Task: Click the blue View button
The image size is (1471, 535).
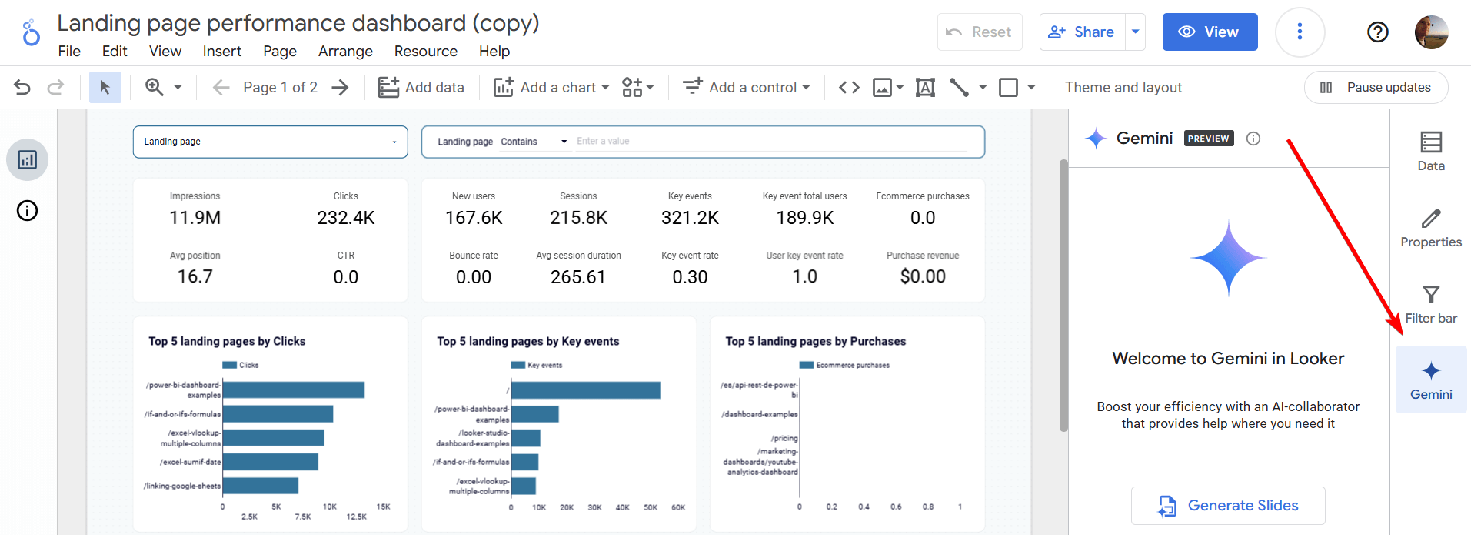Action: pos(1210,32)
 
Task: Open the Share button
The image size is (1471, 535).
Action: pos(1083,32)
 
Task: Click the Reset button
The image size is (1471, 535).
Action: pos(980,32)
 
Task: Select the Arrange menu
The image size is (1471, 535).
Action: pos(345,51)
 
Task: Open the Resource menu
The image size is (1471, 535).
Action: pos(426,51)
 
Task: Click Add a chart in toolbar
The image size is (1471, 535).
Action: pos(551,87)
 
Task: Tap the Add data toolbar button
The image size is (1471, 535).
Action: pos(421,87)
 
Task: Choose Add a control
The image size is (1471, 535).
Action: pos(747,87)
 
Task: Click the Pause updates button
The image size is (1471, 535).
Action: pos(1376,87)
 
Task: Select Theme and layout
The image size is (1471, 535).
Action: pos(1123,87)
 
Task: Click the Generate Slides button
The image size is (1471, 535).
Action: pos(1228,506)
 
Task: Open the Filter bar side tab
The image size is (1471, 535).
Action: pos(1431,304)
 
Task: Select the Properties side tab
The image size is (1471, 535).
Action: pos(1431,228)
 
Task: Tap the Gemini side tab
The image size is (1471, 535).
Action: pos(1431,380)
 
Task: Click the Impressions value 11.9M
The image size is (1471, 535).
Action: pos(195,218)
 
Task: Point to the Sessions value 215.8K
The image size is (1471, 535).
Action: pos(578,218)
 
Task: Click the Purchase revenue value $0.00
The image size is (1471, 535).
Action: pos(923,276)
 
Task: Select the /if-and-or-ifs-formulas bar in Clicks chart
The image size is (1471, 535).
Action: pos(278,414)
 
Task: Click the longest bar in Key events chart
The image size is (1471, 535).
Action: pos(586,390)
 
